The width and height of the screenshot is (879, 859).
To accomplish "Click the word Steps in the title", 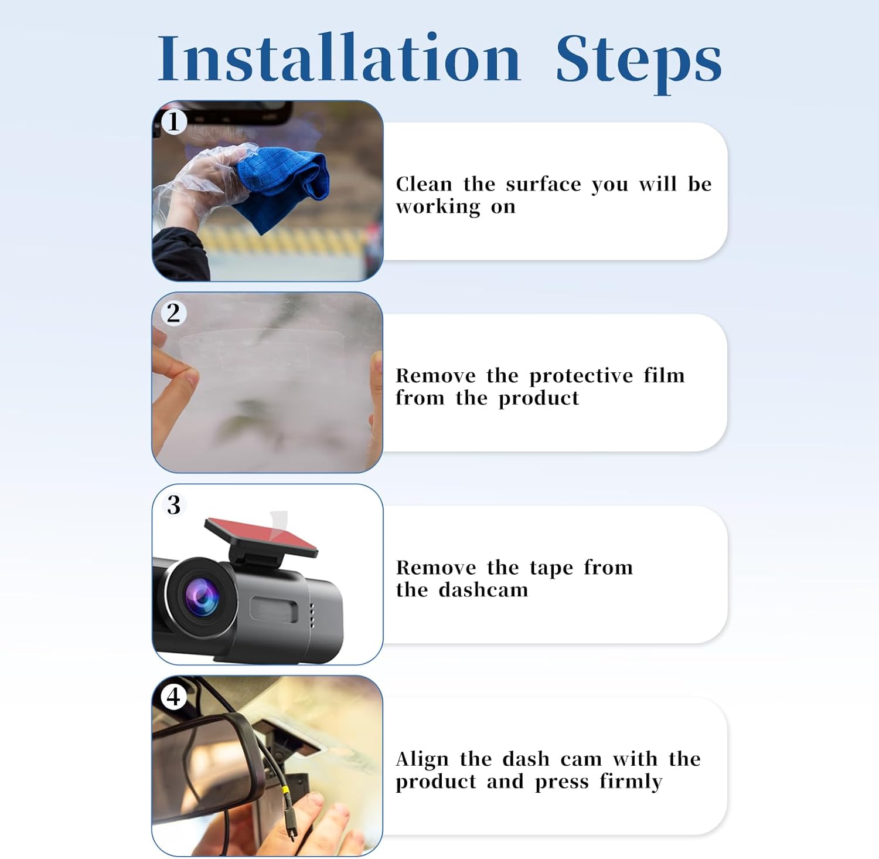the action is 639,62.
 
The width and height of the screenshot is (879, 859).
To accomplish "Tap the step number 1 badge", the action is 173,122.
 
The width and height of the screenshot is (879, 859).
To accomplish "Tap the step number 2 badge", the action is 173,313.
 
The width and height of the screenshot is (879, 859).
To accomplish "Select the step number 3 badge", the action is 173,505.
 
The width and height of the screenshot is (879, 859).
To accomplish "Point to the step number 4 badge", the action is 173,697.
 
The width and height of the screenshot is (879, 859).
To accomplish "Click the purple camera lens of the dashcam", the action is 201,596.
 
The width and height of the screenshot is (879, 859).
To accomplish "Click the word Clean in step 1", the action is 424,184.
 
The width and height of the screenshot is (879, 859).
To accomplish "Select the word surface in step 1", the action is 543,184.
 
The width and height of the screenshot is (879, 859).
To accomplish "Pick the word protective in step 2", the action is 581,376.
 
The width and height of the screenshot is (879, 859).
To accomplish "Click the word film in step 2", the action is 664,375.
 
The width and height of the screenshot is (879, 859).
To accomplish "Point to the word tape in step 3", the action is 551,568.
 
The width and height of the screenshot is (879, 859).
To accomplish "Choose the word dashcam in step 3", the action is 483,589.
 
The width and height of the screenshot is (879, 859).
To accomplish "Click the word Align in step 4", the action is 422,760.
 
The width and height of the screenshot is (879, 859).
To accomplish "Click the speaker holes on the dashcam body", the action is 312,615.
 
